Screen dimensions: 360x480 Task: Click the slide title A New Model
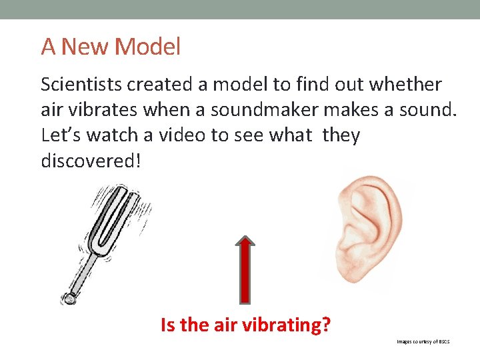pos(111,47)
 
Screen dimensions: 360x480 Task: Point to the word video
pos(179,135)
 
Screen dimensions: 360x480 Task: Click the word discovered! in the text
pos(91,161)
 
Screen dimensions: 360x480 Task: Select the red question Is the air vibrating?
pos(246,325)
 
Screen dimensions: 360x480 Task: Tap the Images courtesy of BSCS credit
pos(423,341)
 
